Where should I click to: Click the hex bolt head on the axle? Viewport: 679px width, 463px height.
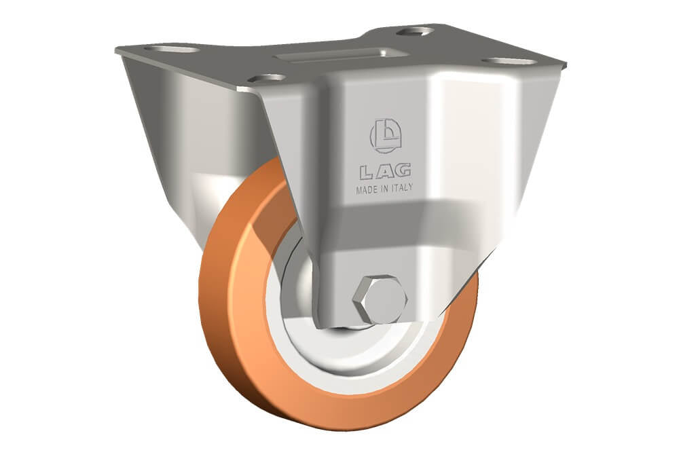click(x=380, y=299)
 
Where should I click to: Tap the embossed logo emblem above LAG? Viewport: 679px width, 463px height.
click(x=386, y=136)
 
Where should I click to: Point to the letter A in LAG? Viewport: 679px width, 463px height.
click(x=384, y=172)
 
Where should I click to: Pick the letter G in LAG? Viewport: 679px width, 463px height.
click(x=403, y=170)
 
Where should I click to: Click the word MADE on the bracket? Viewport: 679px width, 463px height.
click(x=367, y=189)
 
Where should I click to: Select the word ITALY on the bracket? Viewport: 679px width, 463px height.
click(x=402, y=188)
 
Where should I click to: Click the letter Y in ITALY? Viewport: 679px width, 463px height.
click(x=410, y=187)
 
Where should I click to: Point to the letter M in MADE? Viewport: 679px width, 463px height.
click(x=359, y=190)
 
